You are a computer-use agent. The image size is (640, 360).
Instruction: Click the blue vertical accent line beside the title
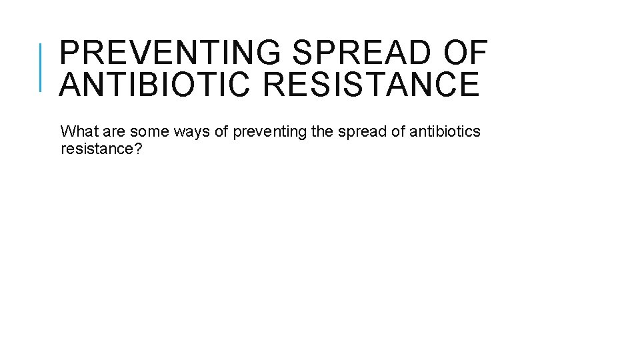(41, 67)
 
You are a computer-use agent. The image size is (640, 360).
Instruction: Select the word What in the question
(76, 132)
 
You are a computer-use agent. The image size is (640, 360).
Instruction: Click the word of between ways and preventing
(222, 132)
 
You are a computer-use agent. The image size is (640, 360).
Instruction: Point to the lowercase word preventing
(271, 132)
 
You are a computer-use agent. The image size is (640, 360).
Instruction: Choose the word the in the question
(323, 132)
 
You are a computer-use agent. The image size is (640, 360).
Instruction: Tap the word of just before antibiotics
(397, 132)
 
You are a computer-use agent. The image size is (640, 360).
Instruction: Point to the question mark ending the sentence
(138, 149)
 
